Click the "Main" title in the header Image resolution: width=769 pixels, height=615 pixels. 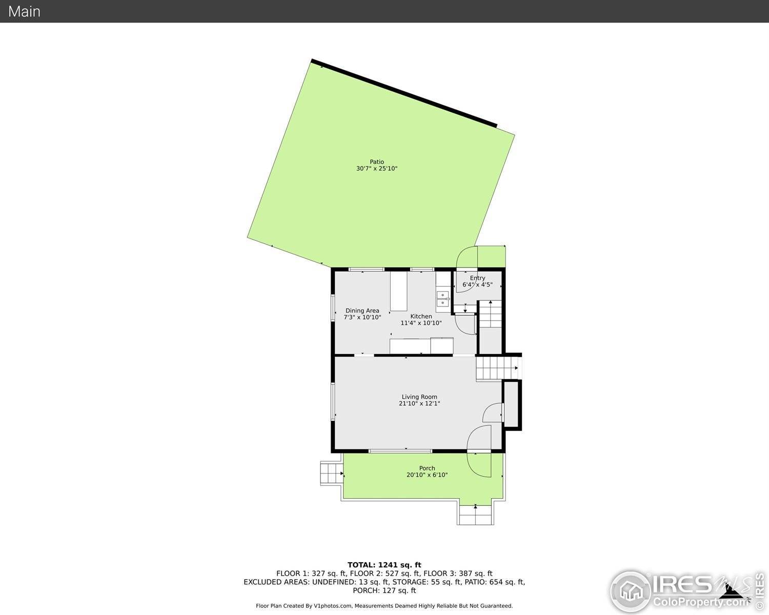tap(24, 11)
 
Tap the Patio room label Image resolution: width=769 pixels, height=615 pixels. tap(377, 162)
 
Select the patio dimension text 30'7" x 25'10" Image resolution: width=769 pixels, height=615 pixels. tap(377, 169)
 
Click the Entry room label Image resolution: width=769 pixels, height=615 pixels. tap(477, 278)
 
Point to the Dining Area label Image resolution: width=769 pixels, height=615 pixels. tap(362, 311)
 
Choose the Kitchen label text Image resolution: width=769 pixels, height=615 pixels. tap(421, 316)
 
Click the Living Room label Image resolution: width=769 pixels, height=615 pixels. tap(419, 397)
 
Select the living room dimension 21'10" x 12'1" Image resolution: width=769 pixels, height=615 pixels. tap(419, 403)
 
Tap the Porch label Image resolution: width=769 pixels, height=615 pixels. tap(427, 468)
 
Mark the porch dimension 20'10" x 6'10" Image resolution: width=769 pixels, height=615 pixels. tap(427, 475)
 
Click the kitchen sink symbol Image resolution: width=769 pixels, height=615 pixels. tap(442, 299)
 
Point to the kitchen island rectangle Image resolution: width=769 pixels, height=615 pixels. tap(398, 291)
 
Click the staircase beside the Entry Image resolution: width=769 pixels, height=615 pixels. tap(490, 314)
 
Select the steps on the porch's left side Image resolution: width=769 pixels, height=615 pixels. tap(331, 473)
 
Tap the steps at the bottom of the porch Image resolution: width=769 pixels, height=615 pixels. tap(476, 515)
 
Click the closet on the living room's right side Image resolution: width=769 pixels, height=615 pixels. tap(511, 404)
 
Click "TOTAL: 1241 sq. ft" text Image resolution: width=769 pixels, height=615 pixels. tap(384, 565)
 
